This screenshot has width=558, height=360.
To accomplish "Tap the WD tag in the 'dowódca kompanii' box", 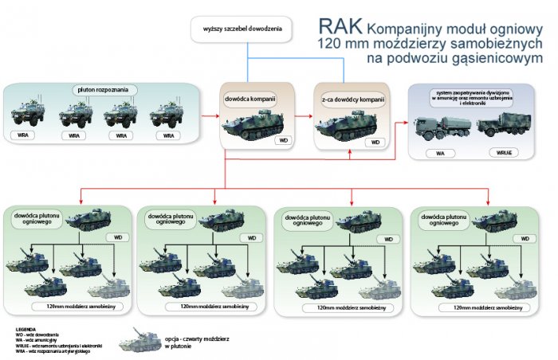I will coord(281,140).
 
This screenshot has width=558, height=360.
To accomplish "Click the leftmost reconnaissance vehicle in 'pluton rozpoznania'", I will coord(28,113).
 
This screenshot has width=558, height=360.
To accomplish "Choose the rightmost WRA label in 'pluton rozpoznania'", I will coord(167,136).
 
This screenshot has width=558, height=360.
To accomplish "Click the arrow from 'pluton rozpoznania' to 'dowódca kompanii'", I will coord(209,116).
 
